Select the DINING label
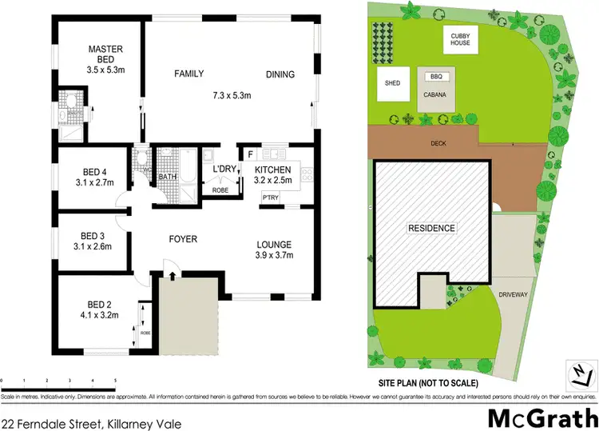coord(280,75)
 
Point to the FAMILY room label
coord(189,74)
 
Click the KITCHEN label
coord(273,170)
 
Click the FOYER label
coord(182,239)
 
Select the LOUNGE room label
coord(273,245)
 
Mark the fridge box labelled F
coord(250,154)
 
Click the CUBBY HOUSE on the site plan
coord(460,40)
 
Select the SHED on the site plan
coord(392,82)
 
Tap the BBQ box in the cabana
coord(436,77)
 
